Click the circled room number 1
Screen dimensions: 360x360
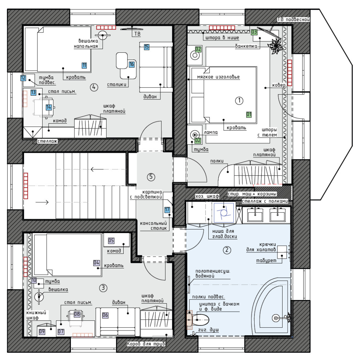[239, 101]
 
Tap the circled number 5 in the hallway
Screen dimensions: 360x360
[151, 177]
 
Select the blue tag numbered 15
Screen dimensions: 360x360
[147, 47]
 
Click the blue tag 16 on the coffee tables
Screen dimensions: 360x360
[131, 64]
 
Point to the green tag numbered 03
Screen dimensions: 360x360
[254, 32]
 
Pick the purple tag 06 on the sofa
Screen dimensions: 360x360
[105, 315]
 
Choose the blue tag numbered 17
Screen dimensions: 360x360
[167, 209]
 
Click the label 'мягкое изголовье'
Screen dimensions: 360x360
[218, 77]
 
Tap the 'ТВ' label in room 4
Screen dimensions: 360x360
[137, 34]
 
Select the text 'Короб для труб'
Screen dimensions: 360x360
[146, 344]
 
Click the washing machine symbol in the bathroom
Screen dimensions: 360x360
[224, 212]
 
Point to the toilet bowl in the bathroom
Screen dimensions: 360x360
[200, 320]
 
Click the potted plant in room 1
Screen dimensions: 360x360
[276, 46]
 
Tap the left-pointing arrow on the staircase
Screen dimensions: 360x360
[97, 169]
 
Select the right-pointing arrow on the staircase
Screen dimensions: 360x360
[42, 202]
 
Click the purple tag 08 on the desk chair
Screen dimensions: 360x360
[77, 314]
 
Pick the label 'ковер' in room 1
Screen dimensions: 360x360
[279, 85]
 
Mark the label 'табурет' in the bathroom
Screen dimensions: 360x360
[266, 260]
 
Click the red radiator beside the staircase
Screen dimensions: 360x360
[26, 186]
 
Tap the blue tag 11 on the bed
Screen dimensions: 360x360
[84, 65]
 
